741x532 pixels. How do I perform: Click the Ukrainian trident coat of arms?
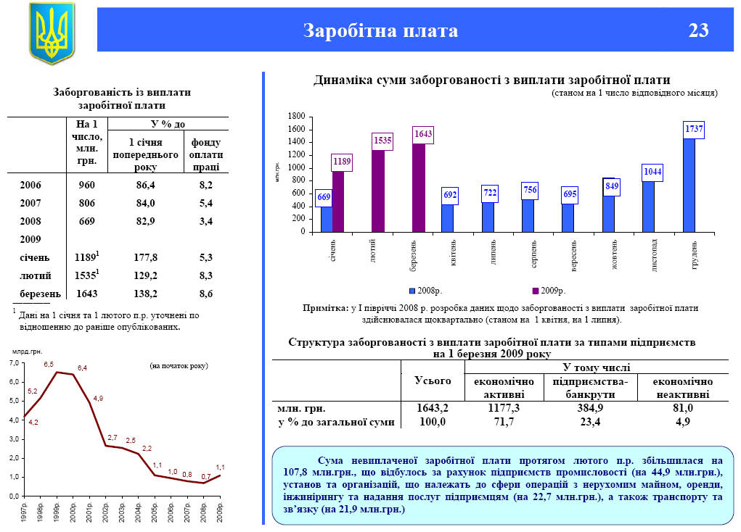point(51,33)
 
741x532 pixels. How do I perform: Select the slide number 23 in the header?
point(698,30)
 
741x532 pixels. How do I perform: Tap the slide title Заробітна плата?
point(380,30)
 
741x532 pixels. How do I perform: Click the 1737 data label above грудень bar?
point(695,128)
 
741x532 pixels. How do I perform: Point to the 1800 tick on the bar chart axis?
point(295,116)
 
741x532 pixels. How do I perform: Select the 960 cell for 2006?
point(86,185)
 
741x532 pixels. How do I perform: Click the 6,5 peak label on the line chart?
point(49,364)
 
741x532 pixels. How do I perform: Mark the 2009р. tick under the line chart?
point(220,512)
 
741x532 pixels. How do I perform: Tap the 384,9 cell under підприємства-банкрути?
point(589,409)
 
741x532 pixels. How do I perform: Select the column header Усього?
point(433,381)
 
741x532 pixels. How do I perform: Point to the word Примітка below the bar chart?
point(325,308)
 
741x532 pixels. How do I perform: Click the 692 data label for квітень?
point(450,194)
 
